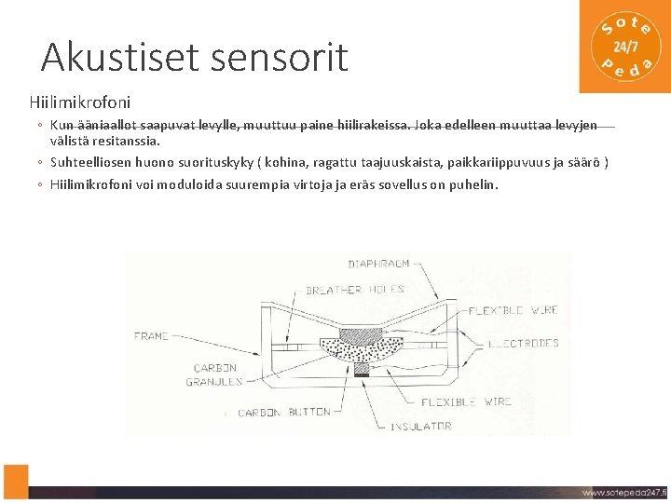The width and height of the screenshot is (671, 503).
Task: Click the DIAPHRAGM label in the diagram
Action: pyautogui.click(x=379, y=265)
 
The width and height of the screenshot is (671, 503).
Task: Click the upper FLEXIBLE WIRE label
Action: pyautogui.click(x=514, y=310)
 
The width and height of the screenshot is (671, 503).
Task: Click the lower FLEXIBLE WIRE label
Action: pyautogui.click(x=467, y=401)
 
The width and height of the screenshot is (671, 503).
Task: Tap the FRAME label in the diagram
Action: pyautogui.click(x=152, y=335)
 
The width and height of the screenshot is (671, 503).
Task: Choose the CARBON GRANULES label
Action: pyautogui.click(x=215, y=374)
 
